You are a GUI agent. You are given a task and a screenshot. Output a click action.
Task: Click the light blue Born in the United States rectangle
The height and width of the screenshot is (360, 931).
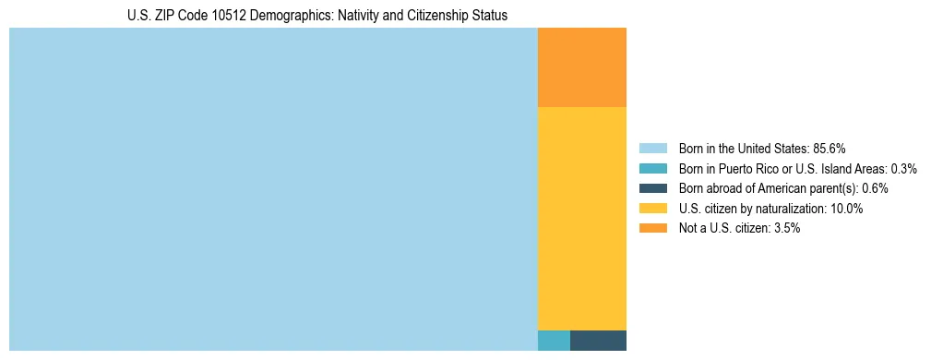pos(273,189)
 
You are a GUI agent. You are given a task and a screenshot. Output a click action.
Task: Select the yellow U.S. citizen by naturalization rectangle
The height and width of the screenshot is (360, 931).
pos(581,219)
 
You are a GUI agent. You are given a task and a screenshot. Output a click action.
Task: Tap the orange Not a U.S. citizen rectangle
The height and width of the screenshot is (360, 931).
pos(581,67)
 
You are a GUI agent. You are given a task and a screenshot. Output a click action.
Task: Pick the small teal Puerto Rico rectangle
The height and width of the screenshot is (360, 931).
pos(554,341)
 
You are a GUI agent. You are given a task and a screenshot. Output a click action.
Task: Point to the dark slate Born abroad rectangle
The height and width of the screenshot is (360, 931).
pos(598,341)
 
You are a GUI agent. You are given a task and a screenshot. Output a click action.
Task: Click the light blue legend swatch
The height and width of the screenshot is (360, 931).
pos(652,149)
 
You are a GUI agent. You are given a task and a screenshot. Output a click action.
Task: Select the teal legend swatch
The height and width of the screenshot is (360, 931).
pos(652,169)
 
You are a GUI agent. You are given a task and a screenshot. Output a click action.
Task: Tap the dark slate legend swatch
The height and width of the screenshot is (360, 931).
pos(652,188)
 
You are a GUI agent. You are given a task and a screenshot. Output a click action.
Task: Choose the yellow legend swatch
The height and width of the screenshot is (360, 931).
pos(652,209)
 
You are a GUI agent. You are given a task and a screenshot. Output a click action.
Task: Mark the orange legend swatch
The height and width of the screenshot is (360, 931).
pos(652,228)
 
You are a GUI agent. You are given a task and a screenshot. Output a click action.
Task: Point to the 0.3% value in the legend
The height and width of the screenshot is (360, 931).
pos(903,169)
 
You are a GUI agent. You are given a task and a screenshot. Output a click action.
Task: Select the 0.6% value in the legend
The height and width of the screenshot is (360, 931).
pos(875,188)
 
